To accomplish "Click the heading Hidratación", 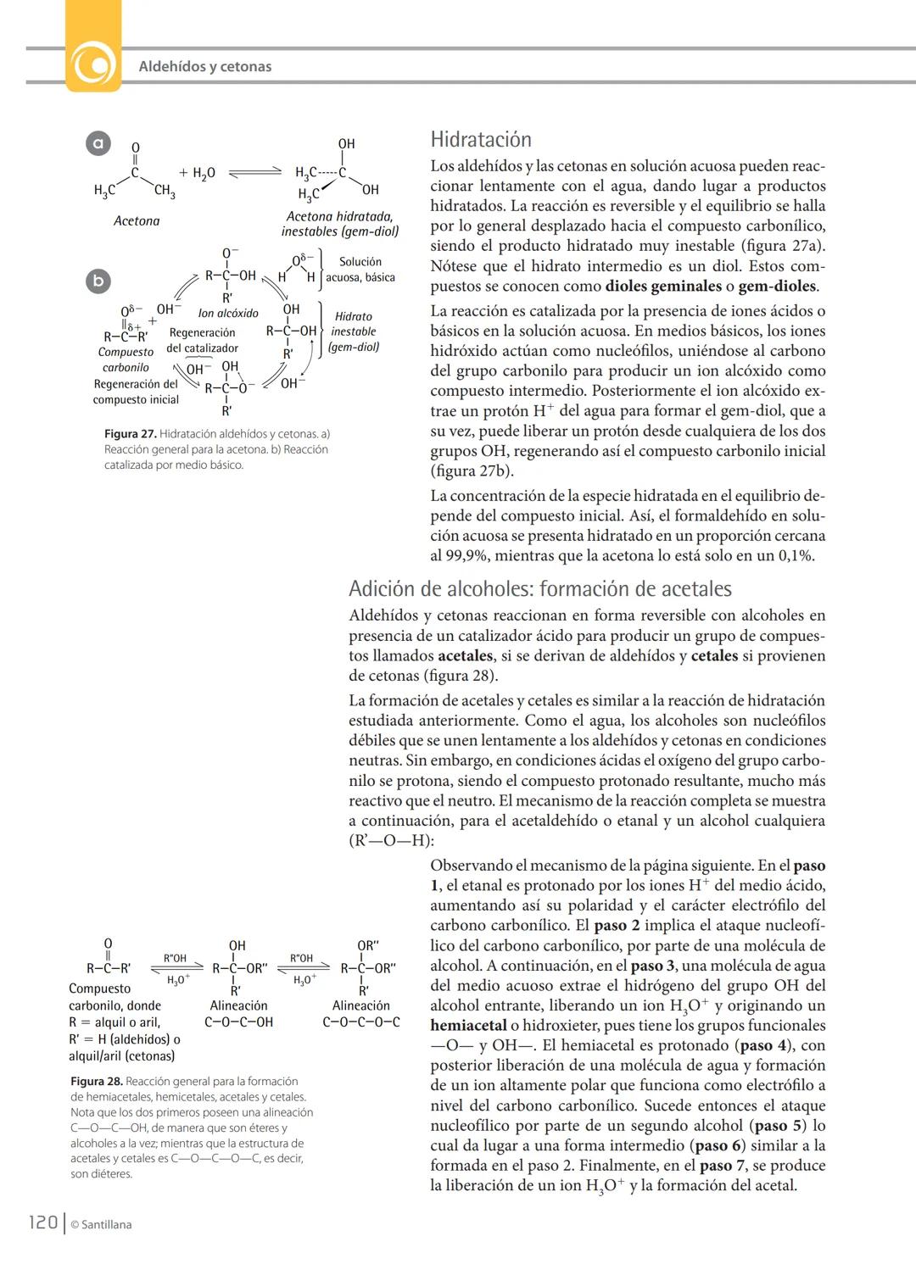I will [x=481, y=140].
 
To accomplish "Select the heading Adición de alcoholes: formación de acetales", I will [x=539, y=589].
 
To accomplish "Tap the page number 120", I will [x=42, y=1222].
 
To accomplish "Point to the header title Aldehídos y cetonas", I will [x=204, y=66].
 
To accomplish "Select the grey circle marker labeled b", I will [x=99, y=281].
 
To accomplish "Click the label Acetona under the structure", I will [x=137, y=221].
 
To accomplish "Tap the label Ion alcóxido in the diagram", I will [x=228, y=314].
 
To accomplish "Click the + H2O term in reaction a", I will [x=197, y=173].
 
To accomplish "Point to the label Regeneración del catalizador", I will [x=202, y=341].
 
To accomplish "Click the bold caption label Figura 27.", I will [x=130, y=434].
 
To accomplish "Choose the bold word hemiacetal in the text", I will [x=468, y=1026].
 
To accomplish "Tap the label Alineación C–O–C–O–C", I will [x=360, y=1014].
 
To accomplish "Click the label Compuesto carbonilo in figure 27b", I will [x=126, y=359].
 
